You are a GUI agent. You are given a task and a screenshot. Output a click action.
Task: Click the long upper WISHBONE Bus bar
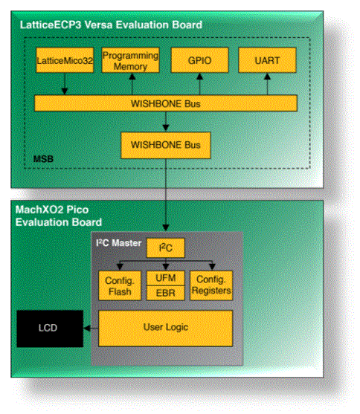point(165,102)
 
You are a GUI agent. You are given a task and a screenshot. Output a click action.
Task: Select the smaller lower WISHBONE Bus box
point(165,142)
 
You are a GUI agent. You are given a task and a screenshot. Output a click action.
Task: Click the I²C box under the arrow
point(166,248)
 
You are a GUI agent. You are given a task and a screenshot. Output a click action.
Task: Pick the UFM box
point(166,278)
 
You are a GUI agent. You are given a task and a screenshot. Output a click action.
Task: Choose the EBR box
point(166,294)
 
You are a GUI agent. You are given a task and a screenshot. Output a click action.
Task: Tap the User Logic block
point(166,326)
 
